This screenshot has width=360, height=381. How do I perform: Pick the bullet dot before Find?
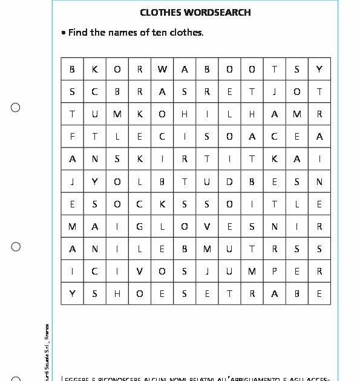[x=64, y=33]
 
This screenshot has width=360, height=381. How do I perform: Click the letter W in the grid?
[x=162, y=70]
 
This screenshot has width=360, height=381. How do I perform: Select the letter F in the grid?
[x=73, y=137]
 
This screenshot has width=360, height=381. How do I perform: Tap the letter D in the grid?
[x=229, y=181]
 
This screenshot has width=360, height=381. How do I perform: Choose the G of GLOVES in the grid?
[x=140, y=227]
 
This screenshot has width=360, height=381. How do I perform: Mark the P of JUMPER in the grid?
[x=274, y=272]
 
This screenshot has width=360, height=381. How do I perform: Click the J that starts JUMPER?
[x=207, y=272]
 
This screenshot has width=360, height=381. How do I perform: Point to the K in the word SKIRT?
[x=140, y=159]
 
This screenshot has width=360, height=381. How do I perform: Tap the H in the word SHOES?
[x=117, y=294]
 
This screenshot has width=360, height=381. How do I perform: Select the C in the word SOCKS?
[x=140, y=204]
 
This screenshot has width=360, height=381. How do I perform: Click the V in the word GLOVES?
[x=207, y=227]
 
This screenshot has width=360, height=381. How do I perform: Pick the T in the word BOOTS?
[x=274, y=70]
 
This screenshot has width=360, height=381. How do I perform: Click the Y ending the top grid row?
[x=319, y=70]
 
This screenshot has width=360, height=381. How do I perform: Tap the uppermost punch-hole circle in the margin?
[x=16, y=108]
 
